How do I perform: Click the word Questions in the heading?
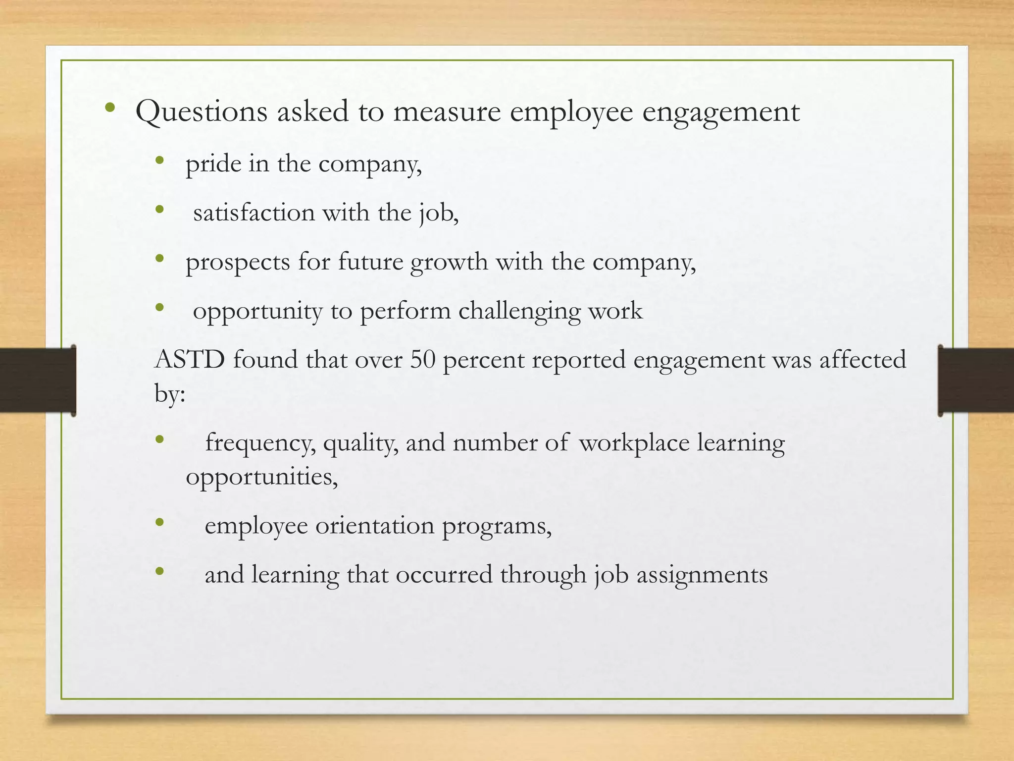point(201,112)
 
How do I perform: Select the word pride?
point(213,164)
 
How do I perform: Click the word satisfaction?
point(254,213)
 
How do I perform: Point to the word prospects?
point(238,263)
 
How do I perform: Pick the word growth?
point(449,263)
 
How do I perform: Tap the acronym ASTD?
point(190,360)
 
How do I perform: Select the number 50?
point(422,360)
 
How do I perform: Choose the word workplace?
point(634,442)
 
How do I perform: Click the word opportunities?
point(262,477)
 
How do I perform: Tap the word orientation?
point(375,526)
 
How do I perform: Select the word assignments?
point(702,575)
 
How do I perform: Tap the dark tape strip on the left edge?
point(38,380)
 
